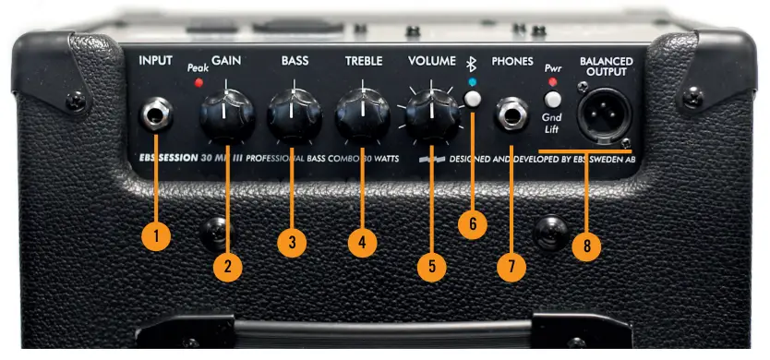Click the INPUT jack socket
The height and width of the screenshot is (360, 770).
[155, 114]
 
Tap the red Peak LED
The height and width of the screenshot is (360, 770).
[199, 82]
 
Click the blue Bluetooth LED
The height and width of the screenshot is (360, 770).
[473, 81]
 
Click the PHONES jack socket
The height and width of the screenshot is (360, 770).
[511, 114]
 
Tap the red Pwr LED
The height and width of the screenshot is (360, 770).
[552, 81]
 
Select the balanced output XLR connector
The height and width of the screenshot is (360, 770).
[604, 115]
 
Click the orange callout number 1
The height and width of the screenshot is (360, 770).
[156, 236]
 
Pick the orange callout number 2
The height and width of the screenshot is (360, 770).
[227, 267]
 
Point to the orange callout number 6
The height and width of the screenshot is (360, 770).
[473, 224]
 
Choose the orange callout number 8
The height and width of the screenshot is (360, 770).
[587, 246]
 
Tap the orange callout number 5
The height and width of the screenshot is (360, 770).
[432, 267]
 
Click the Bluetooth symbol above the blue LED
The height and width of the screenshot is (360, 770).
[472, 64]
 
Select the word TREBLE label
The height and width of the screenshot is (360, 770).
[364, 61]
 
